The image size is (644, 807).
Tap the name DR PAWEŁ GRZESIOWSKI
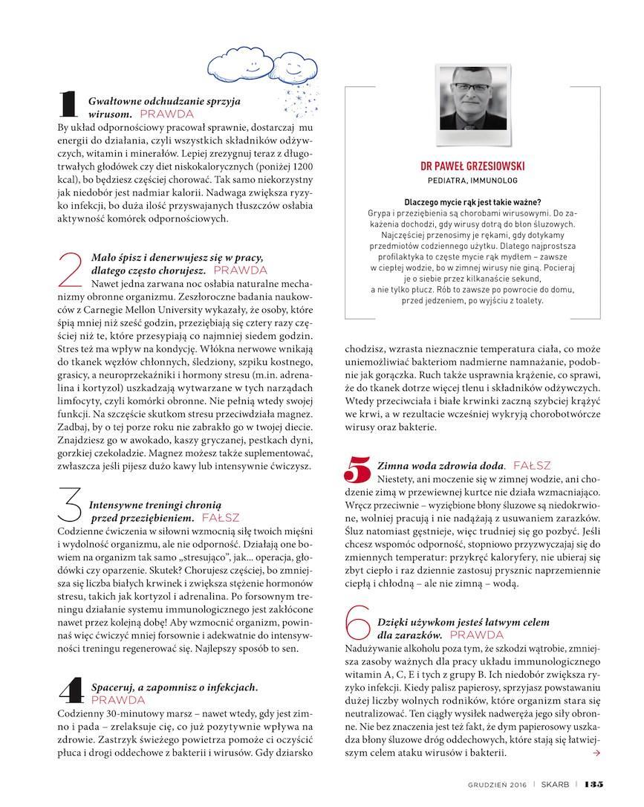point(472,166)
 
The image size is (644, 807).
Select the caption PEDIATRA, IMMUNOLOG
point(472,181)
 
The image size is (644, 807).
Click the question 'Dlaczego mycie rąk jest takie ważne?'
point(472,202)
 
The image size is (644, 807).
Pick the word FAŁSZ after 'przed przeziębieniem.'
point(221,517)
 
